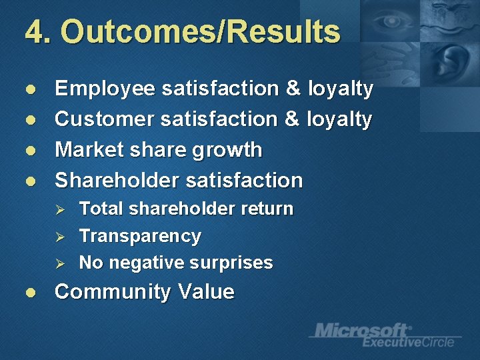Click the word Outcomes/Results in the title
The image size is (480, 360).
point(201,31)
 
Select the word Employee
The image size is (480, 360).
point(105,89)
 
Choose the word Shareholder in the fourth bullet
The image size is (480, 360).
point(117,180)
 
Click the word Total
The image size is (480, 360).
point(101,209)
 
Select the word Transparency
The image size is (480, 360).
point(140,236)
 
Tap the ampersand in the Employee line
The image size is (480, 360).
point(293,89)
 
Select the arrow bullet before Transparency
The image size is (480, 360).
point(59,237)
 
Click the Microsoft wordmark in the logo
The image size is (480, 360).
point(363,330)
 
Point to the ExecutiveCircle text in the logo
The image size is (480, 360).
point(409,342)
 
